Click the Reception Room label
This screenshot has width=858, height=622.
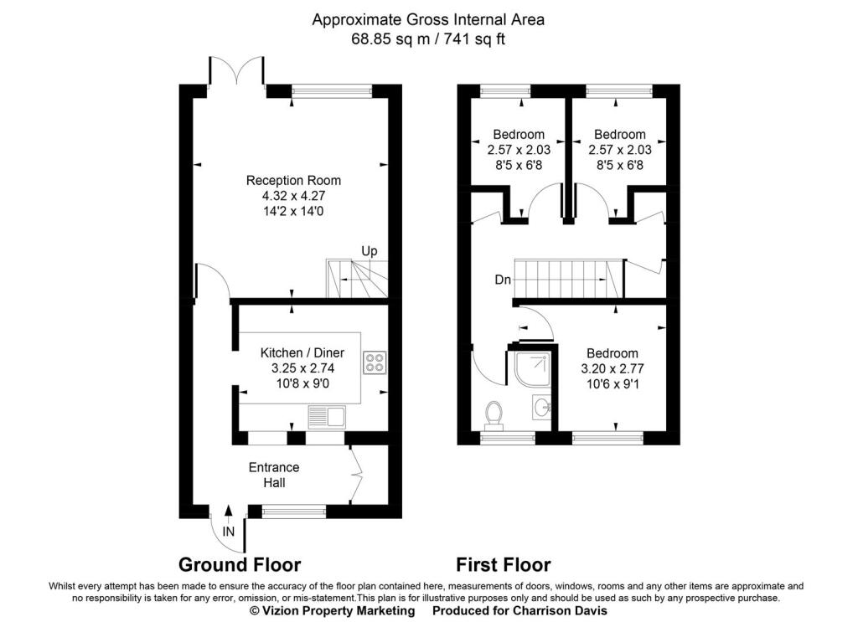pos(293,180)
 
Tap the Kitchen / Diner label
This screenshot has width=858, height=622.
pos(302,353)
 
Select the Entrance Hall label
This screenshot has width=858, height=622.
pos(274,475)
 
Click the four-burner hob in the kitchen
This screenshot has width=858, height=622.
pos(375,362)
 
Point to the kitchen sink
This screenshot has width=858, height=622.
pos(327,418)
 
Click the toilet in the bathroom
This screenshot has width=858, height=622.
pos(494,414)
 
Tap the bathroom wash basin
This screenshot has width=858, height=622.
pos(542,408)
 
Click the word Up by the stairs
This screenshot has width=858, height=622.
pos(370,251)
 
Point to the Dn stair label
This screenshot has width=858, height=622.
pos(503,280)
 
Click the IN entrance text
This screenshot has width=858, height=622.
pos(228,532)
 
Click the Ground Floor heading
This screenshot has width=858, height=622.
pos(240,564)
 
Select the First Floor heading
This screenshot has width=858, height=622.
pos(504,564)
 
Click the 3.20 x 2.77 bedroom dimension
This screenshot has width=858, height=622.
pos(612,369)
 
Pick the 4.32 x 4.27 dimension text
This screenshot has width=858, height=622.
pos(293,196)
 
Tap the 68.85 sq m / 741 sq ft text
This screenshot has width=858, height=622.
pos(428,39)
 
